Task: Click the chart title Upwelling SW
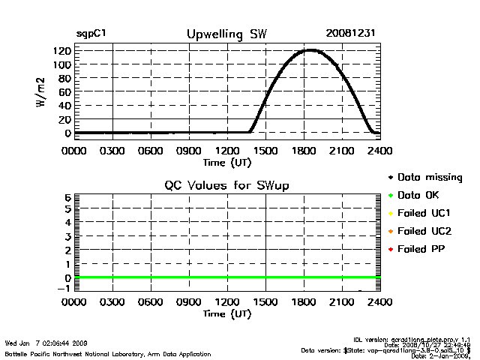[x=226, y=34]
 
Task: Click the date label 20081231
[x=350, y=34]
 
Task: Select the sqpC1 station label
[x=90, y=34]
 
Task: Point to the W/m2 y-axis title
[x=43, y=92]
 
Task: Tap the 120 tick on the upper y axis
[x=62, y=51]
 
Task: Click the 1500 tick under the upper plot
[x=265, y=150]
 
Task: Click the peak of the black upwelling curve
[x=310, y=50]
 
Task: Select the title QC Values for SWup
[x=226, y=184]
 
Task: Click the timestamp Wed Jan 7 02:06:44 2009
[x=46, y=343]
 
